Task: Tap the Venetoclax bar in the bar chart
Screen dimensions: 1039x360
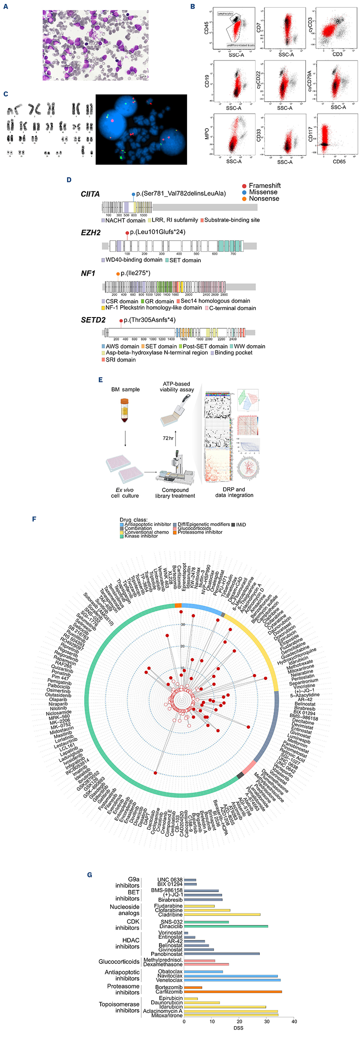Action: pos(232,980)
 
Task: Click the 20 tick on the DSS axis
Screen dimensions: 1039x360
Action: pos(239,1021)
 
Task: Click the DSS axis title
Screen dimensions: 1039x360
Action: pos(238,1028)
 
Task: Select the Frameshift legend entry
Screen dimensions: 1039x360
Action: pos(264,185)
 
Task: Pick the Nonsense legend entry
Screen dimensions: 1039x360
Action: pos(263,199)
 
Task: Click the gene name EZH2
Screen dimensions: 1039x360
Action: pos(91,232)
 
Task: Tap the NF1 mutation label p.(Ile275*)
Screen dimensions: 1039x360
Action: pos(136,273)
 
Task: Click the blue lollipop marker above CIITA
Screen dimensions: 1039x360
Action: pos(134,194)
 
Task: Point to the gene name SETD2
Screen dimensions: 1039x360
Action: pos(93,320)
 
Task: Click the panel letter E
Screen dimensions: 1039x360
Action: pos(100,380)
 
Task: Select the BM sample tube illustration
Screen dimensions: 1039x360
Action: pos(125,410)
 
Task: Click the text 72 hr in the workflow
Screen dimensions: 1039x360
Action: pos(168,438)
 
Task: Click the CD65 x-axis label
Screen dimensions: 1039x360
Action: pos(339,162)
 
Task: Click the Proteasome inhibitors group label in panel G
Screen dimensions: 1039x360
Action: pos(123,989)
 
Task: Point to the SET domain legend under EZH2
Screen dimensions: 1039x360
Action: pos(185,260)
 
